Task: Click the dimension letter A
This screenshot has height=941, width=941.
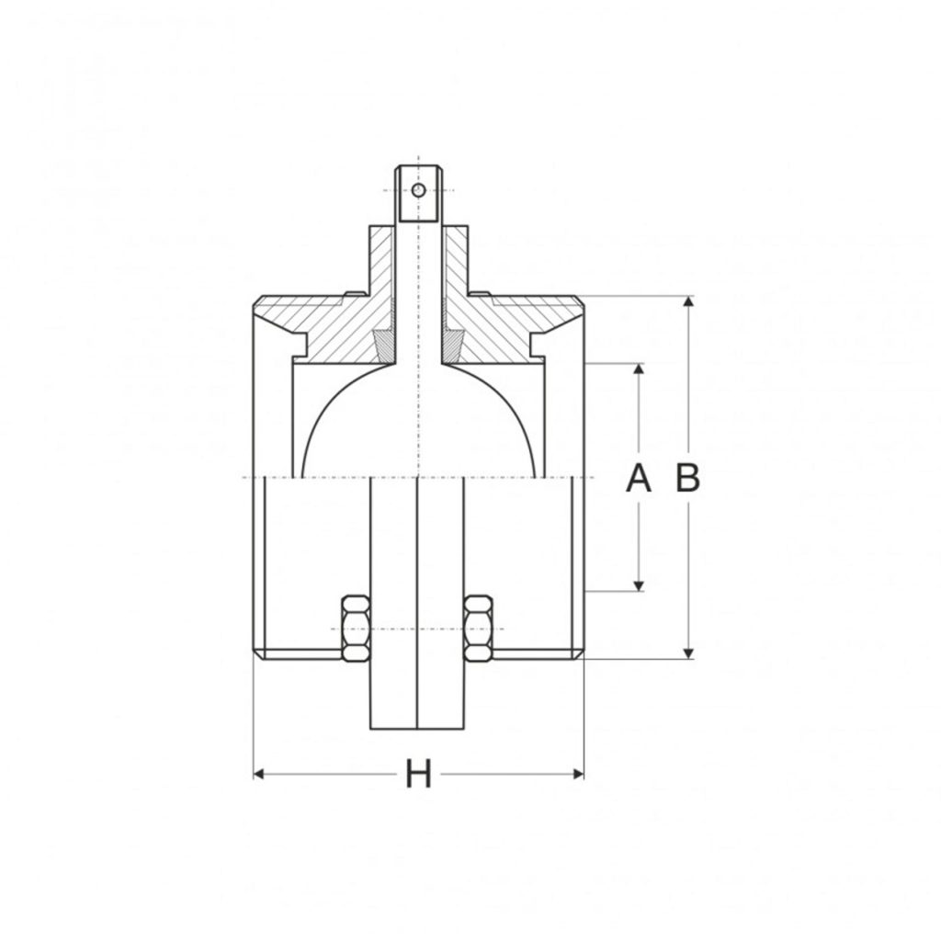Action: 639,479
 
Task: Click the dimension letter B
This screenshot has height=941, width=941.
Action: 688,479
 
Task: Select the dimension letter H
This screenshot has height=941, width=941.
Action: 418,775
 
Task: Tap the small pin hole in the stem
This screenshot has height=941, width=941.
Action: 418,190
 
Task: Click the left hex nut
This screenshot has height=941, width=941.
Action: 356,629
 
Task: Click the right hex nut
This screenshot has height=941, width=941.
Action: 479,629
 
